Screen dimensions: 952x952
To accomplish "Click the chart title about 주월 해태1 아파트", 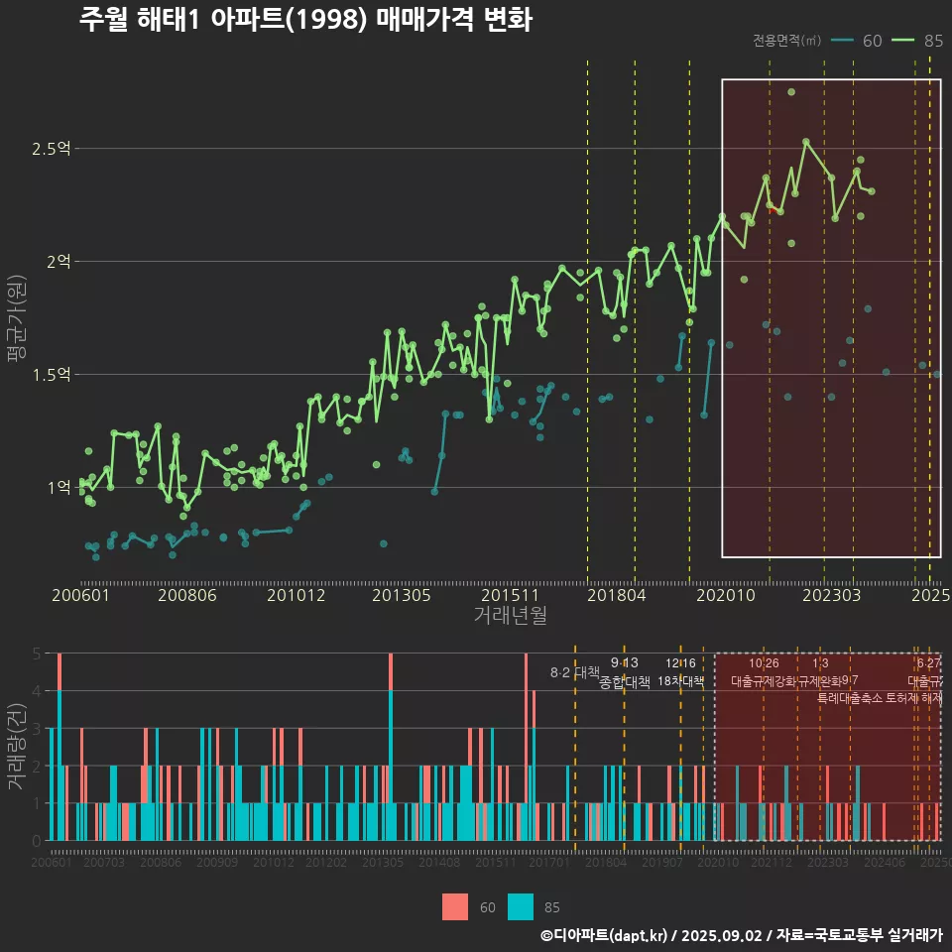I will (x=305, y=20).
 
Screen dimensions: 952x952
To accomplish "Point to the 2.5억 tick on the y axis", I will (x=52, y=149).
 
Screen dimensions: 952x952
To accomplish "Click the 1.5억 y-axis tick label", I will (x=52, y=375).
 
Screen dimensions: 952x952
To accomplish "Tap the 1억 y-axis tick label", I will (x=58, y=487).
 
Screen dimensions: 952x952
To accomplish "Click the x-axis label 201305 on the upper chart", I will (x=401, y=596).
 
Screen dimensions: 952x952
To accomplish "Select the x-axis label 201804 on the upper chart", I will (x=616, y=596).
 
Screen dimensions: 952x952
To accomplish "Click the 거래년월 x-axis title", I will (x=510, y=616).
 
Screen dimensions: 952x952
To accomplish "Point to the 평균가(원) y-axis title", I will (x=16, y=317).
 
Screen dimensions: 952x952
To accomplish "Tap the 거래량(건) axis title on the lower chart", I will (x=16, y=746).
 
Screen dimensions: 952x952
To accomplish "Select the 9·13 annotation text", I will (x=624, y=663).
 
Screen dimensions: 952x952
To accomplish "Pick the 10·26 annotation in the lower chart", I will (x=764, y=663).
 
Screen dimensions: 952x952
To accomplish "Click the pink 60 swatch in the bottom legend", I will (x=454, y=906).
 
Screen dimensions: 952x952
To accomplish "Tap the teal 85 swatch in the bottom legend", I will (x=520, y=906).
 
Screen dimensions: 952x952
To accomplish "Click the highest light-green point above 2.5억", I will (x=791, y=92).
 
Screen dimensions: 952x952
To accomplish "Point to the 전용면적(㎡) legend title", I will (x=786, y=41).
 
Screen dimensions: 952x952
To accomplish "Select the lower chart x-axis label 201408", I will (x=439, y=864).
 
